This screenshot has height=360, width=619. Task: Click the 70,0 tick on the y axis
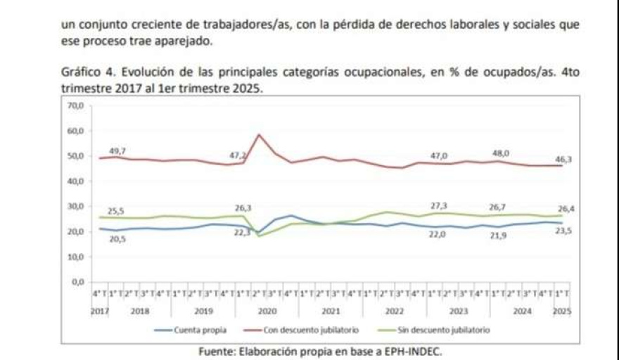coord(75,105)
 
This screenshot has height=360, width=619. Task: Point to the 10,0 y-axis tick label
coord(75,257)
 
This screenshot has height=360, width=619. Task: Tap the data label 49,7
coord(117,151)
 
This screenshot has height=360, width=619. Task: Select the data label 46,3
coord(564,160)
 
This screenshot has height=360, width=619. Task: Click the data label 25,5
coord(115,210)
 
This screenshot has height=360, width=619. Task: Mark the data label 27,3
coord(439,205)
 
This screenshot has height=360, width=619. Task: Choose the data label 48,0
coord(501,153)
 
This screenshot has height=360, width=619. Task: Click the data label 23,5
coord(564,231)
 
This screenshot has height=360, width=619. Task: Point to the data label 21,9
coord(498,236)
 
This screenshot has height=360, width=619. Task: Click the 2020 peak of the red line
coord(260,134)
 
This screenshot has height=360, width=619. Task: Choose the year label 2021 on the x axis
coord(331,309)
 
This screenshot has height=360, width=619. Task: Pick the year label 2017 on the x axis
coord(98,309)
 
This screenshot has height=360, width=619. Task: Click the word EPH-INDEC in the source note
coord(412,351)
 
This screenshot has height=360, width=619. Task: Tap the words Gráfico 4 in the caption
coord(84,72)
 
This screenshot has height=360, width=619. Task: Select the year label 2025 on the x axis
coord(562,309)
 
